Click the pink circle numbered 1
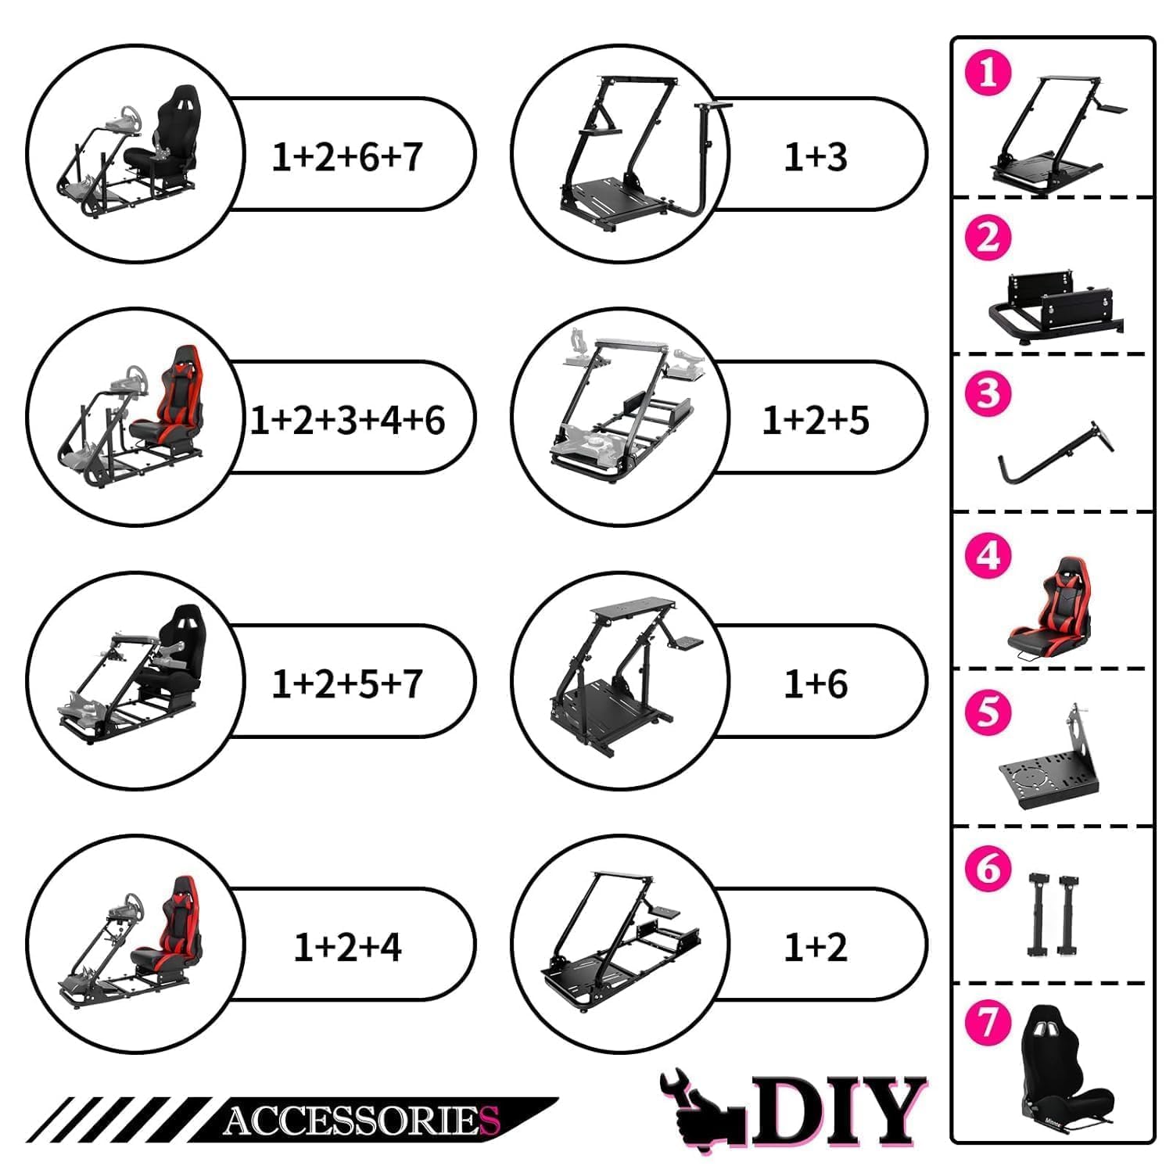[x=988, y=73]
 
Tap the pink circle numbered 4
[x=988, y=556]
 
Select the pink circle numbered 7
[x=988, y=1022]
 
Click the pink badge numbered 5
[x=988, y=712]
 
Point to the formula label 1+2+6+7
[x=347, y=156]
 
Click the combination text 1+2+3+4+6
[x=347, y=420]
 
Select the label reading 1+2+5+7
[x=347, y=683]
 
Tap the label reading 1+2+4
[x=347, y=947]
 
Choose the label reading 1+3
[x=816, y=156]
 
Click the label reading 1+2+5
[x=816, y=420]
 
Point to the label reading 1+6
[x=816, y=683]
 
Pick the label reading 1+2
[x=816, y=947]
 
